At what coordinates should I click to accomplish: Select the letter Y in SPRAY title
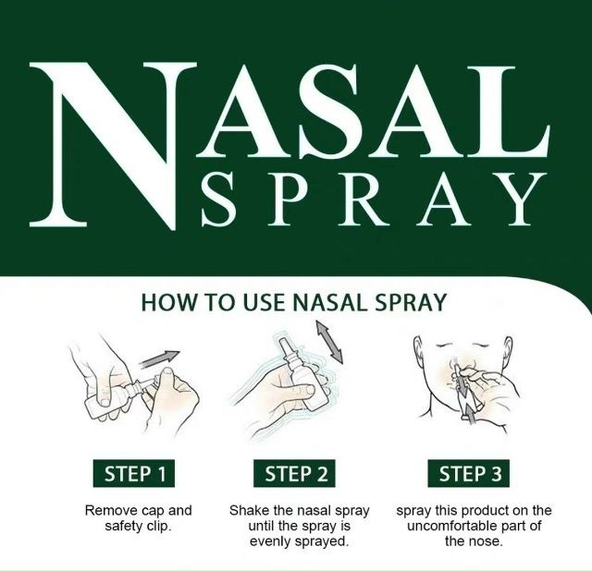click(520, 198)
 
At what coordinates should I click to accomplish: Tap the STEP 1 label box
click(134, 473)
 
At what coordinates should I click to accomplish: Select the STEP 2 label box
click(295, 473)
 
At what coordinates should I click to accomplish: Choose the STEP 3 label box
click(469, 473)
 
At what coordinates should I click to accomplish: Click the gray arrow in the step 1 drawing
click(158, 359)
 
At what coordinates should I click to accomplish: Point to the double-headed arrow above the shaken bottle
click(329, 342)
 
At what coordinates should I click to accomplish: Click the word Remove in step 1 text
click(107, 511)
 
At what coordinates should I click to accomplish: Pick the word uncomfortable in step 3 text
click(459, 526)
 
